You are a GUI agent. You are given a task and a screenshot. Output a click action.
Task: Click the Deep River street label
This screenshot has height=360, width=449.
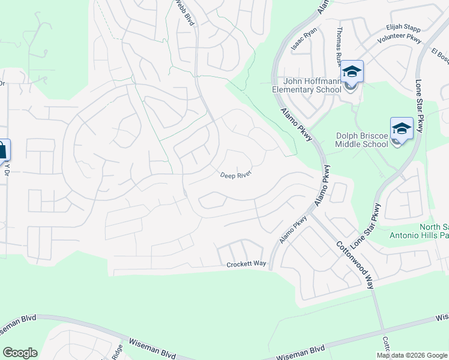click(235, 175)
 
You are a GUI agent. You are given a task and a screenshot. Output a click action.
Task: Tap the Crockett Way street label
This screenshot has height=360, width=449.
click(246, 265)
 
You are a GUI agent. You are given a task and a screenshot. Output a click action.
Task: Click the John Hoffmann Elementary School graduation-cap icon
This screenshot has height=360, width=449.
click(352, 72)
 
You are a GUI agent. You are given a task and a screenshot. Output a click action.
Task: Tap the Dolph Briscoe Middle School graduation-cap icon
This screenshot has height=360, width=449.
click(401, 128)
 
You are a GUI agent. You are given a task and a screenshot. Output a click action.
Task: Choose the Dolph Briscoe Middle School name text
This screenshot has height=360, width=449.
click(361, 140)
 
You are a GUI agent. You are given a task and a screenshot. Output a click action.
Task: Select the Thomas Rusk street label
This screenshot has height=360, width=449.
click(340, 46)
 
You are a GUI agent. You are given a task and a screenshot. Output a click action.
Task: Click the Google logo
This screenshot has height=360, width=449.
click(20, 353)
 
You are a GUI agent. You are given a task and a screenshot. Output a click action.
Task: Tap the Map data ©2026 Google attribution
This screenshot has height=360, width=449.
click(412, 355)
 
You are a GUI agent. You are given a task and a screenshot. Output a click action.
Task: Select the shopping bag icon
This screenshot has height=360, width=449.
click(2, 151)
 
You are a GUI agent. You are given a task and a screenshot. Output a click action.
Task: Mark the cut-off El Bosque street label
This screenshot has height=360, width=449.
click(440, 56)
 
